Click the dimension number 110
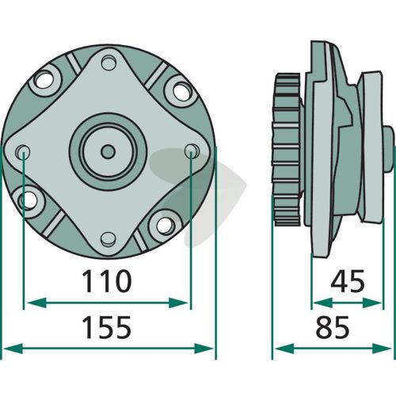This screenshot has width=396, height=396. [107, 281]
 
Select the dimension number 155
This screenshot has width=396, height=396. [107, 327]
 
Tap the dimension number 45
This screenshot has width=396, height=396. [348, 281]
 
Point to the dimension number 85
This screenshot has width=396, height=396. [333, 327]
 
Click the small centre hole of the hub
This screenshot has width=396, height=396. [108, 151]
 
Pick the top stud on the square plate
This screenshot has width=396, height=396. [109, 63]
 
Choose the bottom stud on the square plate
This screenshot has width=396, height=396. [109, 239]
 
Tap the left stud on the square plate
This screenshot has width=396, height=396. [22, 152]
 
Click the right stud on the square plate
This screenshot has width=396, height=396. [192, 151]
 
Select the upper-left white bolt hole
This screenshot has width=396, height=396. [44, 80]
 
